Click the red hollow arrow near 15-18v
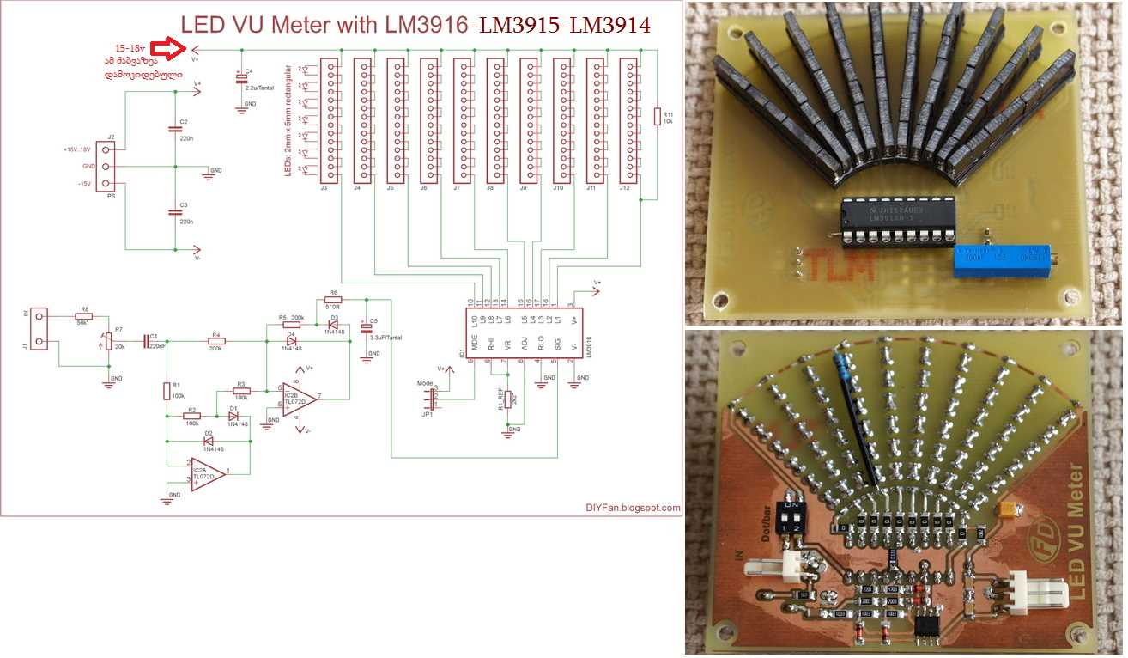[x=176, y=48]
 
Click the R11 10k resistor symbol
[x=658, y=117]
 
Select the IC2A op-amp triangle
[x=209, y=473]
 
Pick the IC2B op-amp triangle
[x=299, y=397]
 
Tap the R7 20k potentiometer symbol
[x=108, y=342]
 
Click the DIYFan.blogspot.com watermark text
[x=634, y=508]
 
